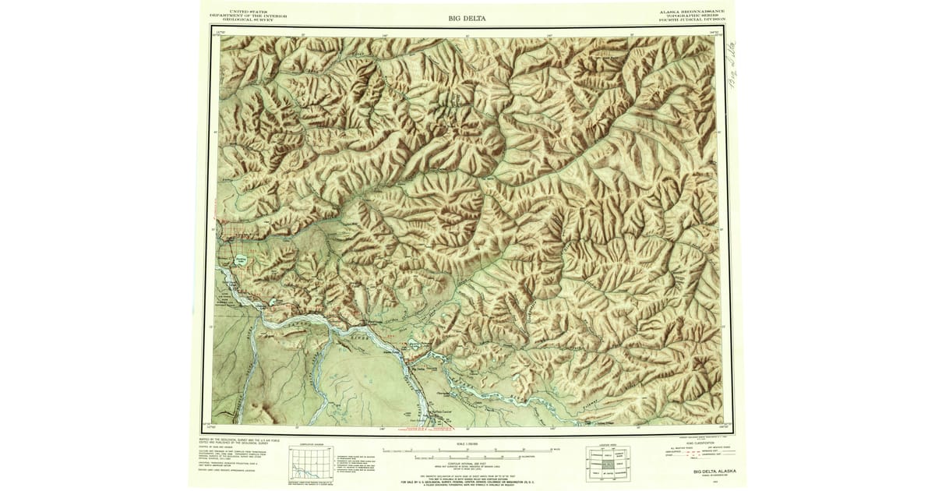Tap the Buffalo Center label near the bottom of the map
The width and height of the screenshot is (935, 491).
(x=441, y=412)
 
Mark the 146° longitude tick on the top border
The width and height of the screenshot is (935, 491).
(x=384, y=35)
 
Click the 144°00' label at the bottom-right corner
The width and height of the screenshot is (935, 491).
(x=722, y=427)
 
